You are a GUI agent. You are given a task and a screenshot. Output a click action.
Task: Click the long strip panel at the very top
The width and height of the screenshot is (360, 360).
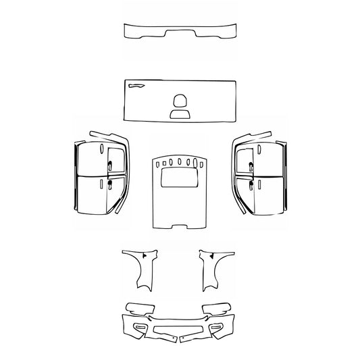(x=180, y=32)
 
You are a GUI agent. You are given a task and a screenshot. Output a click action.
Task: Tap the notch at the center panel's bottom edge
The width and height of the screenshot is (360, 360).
(x=179, y=224)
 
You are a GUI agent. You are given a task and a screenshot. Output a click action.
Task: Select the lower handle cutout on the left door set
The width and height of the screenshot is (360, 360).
(x=108, y=183)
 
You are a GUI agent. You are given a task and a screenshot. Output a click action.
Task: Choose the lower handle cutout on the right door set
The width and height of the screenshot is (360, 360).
(x=251, y=183)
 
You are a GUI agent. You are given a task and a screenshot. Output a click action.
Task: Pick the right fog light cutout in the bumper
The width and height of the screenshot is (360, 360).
(x=217, y=326)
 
